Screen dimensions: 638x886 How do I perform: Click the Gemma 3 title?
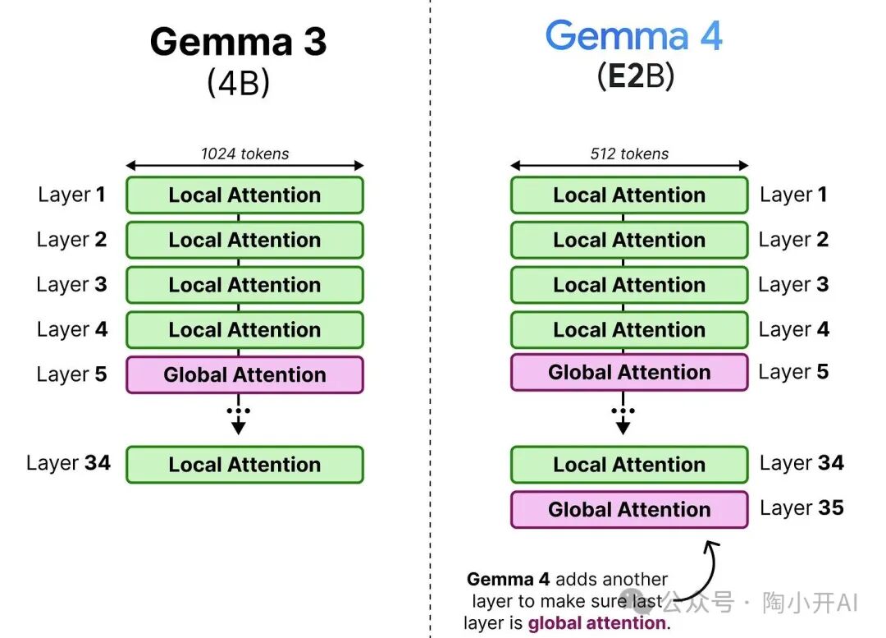pos(238,40)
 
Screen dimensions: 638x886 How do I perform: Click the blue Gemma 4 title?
pos(634,37)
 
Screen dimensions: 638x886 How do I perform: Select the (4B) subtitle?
pos(238,83)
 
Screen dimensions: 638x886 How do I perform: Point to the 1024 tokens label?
pos(244,153)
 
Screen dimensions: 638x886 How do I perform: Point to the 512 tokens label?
pos(629,153)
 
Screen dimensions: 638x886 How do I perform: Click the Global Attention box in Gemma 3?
pos(244,374)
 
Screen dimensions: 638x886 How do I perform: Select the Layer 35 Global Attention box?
pos(629,509)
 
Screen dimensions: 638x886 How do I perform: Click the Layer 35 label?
pos(802,508)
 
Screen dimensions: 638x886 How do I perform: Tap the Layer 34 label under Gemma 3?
pos(68,462)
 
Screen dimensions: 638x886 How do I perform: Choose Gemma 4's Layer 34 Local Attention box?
pos(629,464)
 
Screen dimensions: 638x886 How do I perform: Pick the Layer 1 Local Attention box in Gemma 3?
pos(244,195)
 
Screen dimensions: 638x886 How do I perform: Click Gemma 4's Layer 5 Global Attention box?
pos(629,372)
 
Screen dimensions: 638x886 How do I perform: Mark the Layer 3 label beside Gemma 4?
pos(793,284)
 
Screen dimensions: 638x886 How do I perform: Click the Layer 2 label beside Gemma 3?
pos(71,239)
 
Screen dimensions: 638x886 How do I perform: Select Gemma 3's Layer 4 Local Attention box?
pos(244,329)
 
